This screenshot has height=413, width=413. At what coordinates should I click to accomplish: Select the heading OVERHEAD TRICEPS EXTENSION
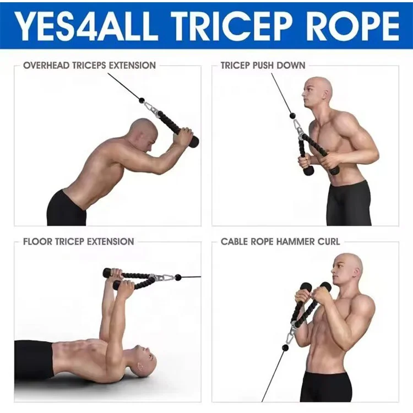tap(89, 65)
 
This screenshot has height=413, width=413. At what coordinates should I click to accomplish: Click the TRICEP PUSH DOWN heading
tap(263, 65)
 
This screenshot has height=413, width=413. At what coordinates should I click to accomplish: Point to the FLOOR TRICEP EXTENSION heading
tap(78, 241)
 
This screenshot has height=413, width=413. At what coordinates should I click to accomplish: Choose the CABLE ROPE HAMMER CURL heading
tap(280, 241)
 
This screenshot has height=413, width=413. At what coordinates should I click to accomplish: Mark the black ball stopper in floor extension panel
tap(178, 277)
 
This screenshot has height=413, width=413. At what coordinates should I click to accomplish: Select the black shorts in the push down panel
tap(349, 202)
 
